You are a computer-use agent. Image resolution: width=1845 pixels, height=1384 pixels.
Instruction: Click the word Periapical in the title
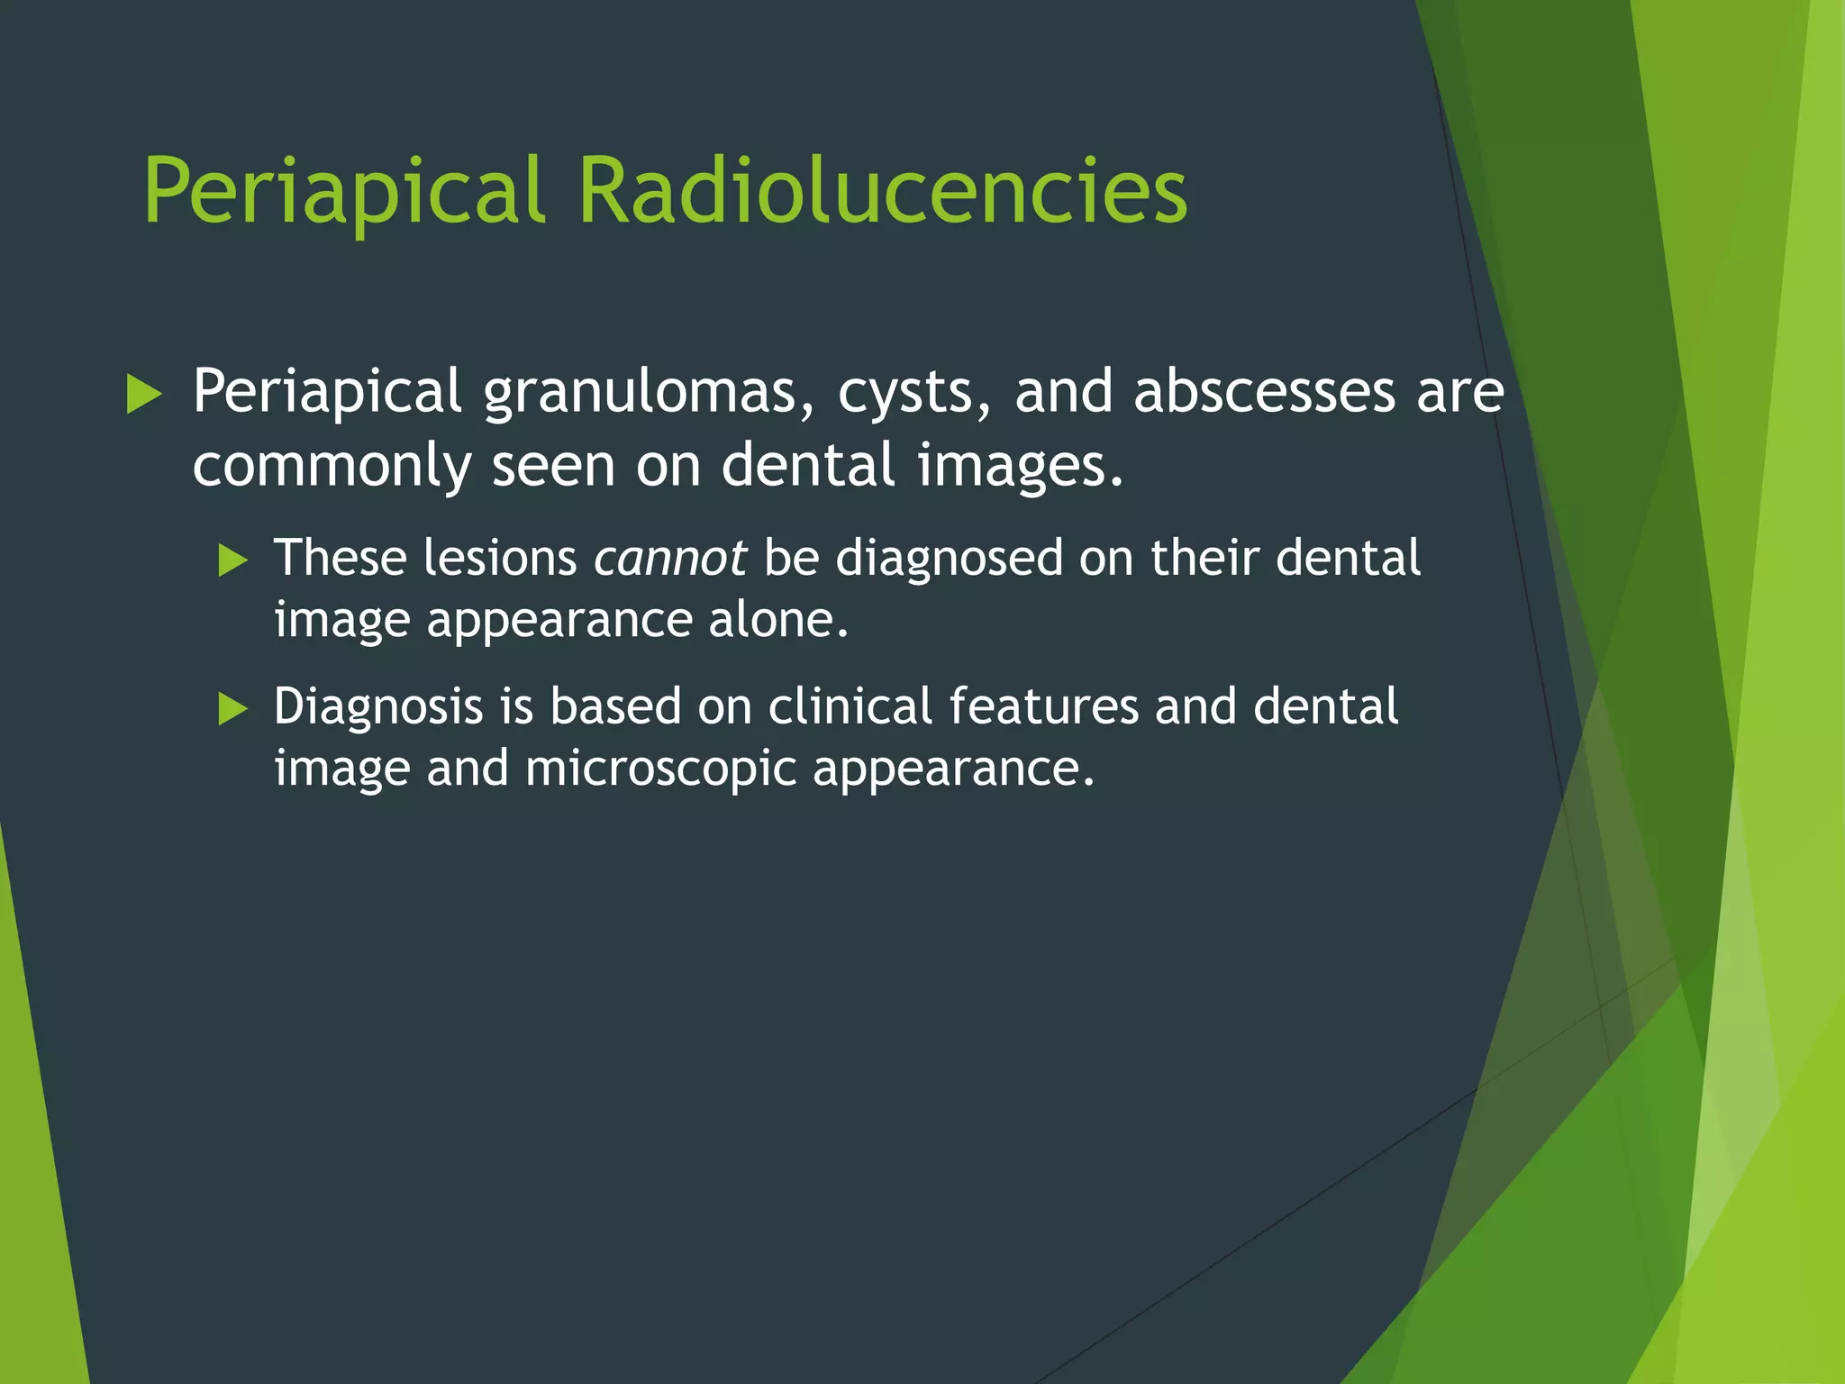[x=344, y=191]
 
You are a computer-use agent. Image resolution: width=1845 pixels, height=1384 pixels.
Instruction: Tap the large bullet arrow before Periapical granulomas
[x=144, y=395]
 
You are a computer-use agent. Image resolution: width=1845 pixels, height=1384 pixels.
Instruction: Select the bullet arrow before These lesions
[x=232, y=560]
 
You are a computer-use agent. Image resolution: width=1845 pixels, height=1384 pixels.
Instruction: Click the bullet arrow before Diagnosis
[x=232, y=709]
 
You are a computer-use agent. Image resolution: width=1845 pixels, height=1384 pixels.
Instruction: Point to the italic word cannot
[x=669, y=558]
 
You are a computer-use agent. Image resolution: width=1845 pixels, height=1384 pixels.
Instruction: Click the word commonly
[x=332, y=466]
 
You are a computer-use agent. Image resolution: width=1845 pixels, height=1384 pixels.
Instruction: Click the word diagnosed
[x=949, y=558]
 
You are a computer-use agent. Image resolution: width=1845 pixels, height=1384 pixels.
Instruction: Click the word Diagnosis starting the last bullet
[x=378, y=706]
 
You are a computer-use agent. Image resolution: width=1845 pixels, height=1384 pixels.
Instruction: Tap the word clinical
[x=850, y=706]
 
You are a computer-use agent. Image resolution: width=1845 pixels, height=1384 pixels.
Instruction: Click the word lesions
[x=500, y=558]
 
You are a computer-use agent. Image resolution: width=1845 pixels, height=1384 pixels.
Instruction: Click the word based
[x=615, y=706]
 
